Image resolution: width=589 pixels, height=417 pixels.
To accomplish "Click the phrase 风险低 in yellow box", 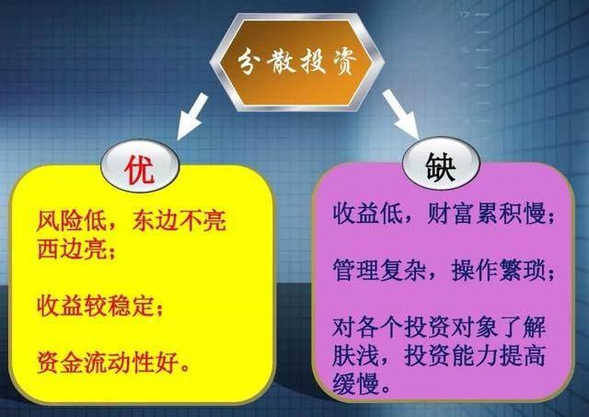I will pos(64,222).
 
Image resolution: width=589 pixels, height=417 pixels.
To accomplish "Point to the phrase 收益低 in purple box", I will pos(361,217).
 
